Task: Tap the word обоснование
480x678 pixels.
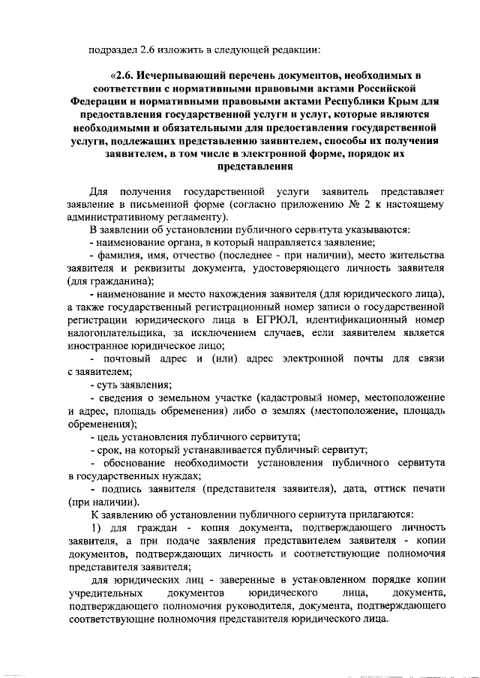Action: pos(135,463)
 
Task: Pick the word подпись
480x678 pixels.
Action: pos(121,489)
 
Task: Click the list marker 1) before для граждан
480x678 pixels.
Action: pos(96,528)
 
